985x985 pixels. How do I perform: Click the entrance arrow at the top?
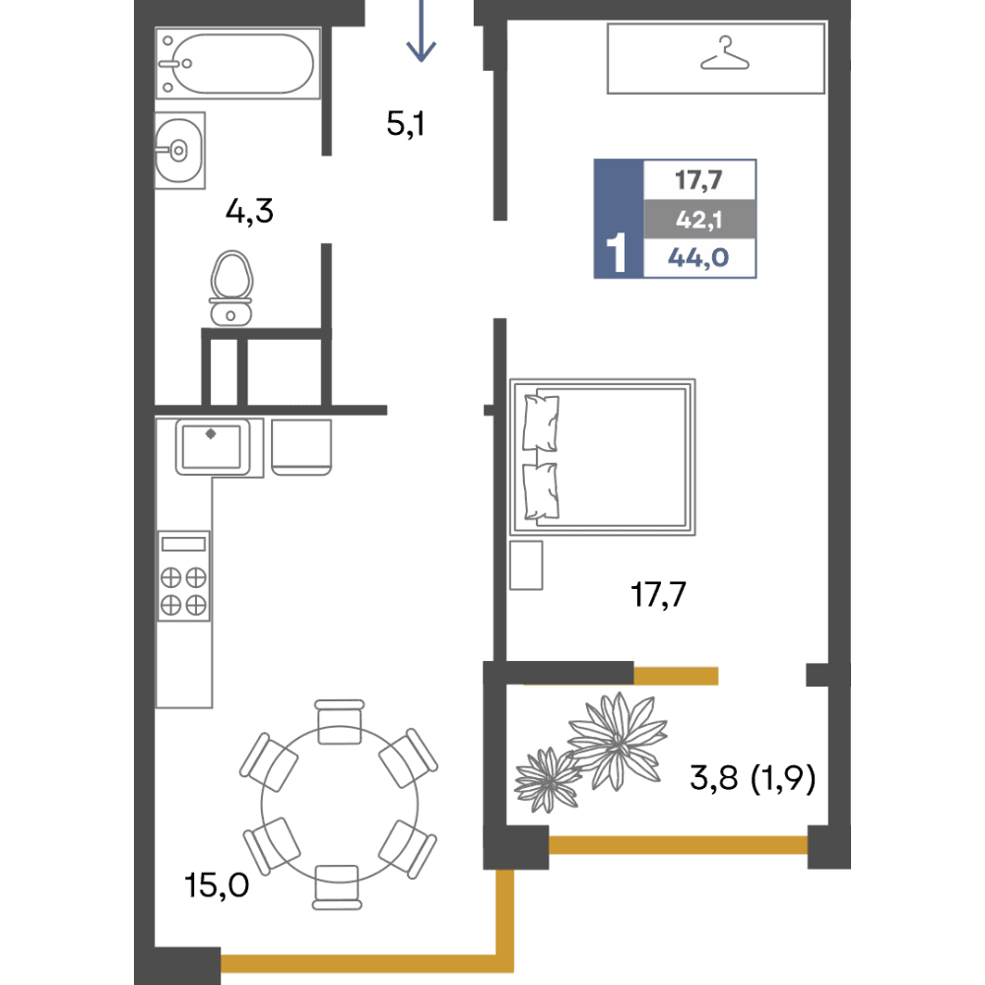coord(421,31)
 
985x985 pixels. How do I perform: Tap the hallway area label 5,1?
coord(406,123)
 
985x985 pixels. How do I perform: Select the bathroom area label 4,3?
coord(249,211)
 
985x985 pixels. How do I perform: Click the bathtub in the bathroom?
coord(238,63)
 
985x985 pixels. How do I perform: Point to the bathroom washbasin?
coord(179,150)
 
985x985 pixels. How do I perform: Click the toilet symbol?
coord(231,289)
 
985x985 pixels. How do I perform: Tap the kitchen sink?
coord(213,446)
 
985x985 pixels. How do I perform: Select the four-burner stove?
coord(183,576)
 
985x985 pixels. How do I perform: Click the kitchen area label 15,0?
coord(217,886)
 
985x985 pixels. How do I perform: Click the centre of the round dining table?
coord(339,805)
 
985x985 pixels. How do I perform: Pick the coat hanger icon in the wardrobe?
coord(725,53)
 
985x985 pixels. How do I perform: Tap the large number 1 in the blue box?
coord(617,252)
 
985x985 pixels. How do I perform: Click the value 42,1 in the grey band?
coord(699,220)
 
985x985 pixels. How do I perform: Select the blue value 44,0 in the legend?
coord(698,257)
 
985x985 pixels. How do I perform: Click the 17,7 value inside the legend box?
coord(698,181)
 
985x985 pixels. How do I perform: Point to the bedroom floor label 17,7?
coord(658,594)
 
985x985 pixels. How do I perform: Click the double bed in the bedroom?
coord(603,457)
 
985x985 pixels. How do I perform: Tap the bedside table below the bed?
coord(526,565)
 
